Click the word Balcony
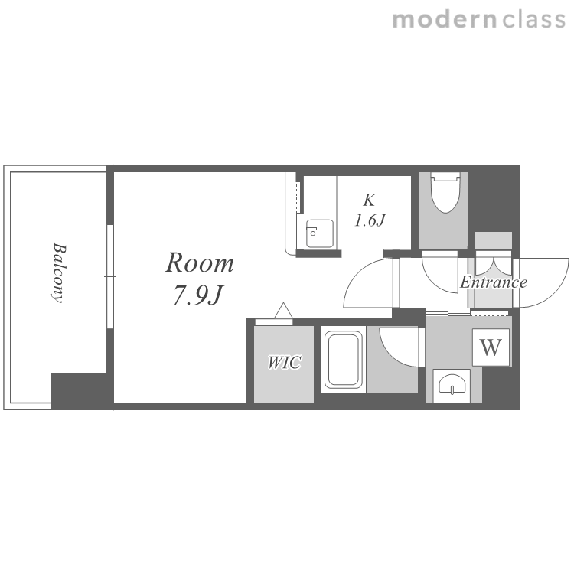point(59,272)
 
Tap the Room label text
point(200,263)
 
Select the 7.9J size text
point(198,295)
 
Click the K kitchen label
point(369,201)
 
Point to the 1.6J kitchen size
point(370,220)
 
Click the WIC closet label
point(285,363)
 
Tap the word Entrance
point(494,282)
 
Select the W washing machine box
point(491,347)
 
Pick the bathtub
point(344,360)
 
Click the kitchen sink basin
point(320,233)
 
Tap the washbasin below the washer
point(452,385)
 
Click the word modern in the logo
point(445,20)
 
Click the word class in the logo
point(533,20)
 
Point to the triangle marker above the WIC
point(284,311)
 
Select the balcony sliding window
point(110,276)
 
